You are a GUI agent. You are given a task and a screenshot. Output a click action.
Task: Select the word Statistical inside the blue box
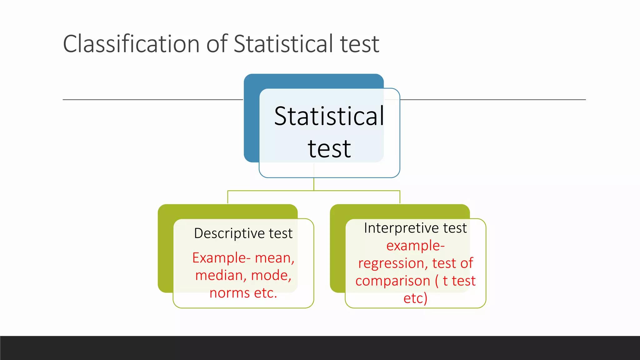coord(329,116)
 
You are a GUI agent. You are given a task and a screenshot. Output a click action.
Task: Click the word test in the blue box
coord(329,149)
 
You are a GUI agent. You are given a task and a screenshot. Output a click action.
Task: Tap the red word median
coord(219,276)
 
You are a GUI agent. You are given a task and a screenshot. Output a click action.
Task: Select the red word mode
coord(271,276)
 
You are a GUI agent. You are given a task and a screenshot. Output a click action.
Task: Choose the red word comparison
coord(393,281)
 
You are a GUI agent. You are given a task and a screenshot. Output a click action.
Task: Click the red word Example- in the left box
coord(221,258)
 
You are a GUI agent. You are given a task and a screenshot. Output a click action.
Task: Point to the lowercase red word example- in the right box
coord(415,246)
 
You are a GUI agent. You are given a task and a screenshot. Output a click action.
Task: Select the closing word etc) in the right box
coord(415,298)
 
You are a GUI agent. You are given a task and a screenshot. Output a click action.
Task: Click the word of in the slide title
coord(217,44)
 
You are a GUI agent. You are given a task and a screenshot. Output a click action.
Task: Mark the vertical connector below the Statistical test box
coord(314,184)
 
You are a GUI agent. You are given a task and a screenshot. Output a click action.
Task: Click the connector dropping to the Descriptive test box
coord(228,197)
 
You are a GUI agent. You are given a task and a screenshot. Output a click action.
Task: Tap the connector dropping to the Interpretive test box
coord(400,197)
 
